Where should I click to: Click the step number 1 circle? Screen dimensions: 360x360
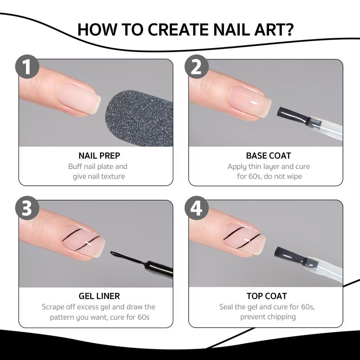tap(27, 67)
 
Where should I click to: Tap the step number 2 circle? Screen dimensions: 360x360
tap(197, 67)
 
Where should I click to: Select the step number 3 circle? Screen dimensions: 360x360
tap(27, 208)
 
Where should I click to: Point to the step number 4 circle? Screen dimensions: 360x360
tap(197, 208)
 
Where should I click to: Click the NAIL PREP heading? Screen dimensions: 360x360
tap(99, 156)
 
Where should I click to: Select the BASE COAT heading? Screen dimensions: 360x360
tap(268, 156)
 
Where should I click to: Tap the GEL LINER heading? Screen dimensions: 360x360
tap(99, 296)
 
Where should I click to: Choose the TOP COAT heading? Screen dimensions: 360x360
tap(267, 296)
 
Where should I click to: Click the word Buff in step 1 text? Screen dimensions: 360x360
tap(75, 166)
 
